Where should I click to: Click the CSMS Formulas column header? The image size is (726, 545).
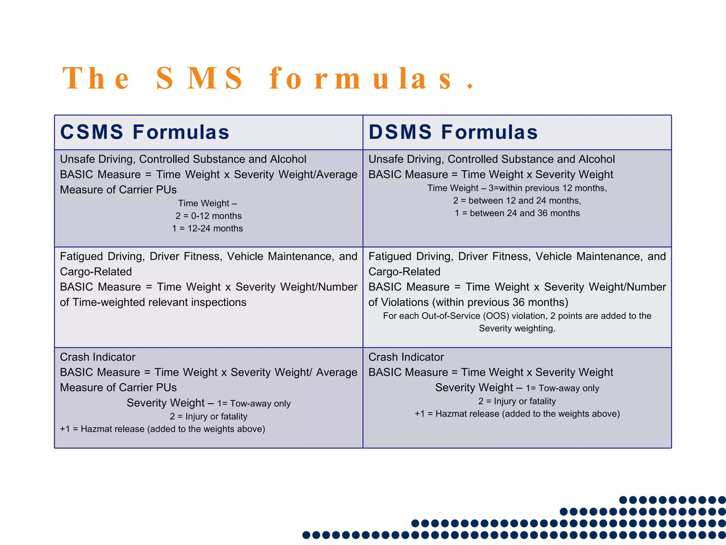coord(145,132)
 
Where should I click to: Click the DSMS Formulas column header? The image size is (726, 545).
coord(453,132)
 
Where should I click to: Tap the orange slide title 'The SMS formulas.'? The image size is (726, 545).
coord(268,78)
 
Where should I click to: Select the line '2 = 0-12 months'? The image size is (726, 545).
coord(208,216)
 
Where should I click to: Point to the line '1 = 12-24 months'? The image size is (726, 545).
coord(207,229)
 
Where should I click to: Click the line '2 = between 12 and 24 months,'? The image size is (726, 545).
coord(517,200)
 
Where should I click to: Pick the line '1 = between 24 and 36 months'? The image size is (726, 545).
coord(517,213)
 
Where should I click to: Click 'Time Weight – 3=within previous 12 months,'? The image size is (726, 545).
coord(517,188)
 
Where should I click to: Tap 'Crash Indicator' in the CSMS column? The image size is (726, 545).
coord(97,357)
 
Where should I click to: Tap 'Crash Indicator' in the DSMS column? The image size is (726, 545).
coord(406,357)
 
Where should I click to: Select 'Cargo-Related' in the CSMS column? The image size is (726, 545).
coord(96,272)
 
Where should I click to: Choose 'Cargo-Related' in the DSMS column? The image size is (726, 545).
coord(404,272)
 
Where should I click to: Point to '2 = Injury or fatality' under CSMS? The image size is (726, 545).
coord(208,417)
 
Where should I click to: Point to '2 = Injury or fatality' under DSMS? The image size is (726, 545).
coord(517,401)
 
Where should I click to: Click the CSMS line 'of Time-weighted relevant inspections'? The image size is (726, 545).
coord(153,302)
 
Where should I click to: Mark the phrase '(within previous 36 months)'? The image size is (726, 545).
coord(500,302)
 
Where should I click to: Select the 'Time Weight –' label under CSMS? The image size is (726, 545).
coord(207,203)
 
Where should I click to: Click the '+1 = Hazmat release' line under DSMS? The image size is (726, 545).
coord(517,414)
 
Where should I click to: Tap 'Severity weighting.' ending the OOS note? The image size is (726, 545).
coord(517,329)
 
